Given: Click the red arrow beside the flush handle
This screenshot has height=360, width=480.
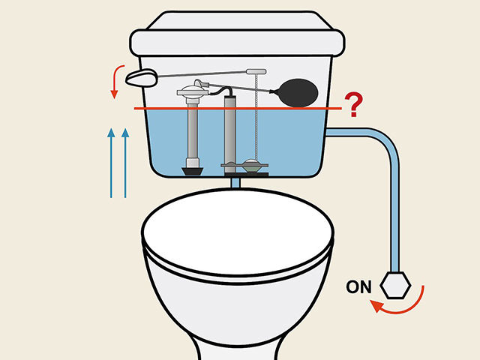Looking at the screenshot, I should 115,81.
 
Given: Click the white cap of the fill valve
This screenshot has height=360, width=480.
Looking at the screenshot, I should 193,93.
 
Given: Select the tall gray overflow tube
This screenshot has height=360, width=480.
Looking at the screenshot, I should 231,127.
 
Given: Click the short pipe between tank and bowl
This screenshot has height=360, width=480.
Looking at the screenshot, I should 235,181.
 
